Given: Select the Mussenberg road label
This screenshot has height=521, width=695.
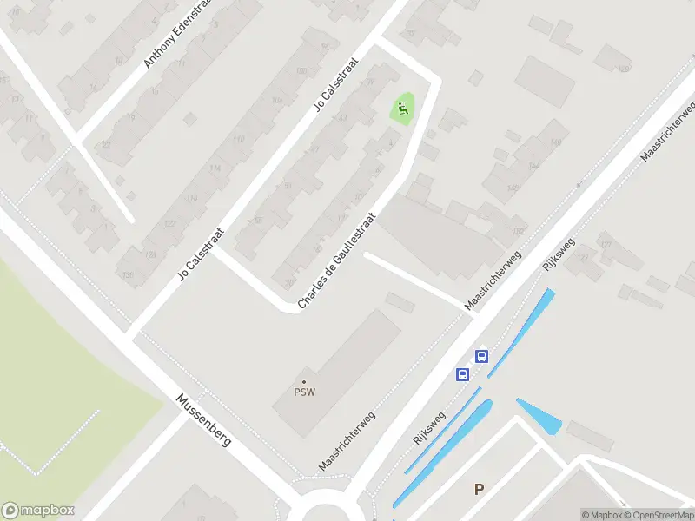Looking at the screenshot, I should [x=204, y=421].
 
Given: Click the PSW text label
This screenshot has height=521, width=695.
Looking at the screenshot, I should [x=304, y=392].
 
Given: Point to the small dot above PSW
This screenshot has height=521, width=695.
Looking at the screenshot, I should [x=304, y=381].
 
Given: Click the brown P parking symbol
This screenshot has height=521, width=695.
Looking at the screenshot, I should [x=479, y=490].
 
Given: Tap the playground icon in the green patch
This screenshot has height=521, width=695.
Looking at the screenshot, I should [x=401, y=109].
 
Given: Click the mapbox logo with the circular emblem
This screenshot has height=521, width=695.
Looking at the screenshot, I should [x=38, y=511].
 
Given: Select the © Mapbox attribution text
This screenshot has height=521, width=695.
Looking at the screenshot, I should [x=602, y=515].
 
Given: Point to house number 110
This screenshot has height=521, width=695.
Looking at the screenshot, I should [x=238, y=139].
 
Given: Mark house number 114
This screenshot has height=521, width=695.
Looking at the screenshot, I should [x=215, y=168].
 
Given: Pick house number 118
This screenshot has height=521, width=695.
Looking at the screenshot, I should [x=192, y=198].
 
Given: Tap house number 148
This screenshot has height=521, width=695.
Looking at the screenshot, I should [x=513, y=187].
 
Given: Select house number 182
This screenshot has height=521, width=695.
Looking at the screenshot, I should [x=519, y=231].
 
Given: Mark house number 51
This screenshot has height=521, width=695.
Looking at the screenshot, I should [x=288, y=185].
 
